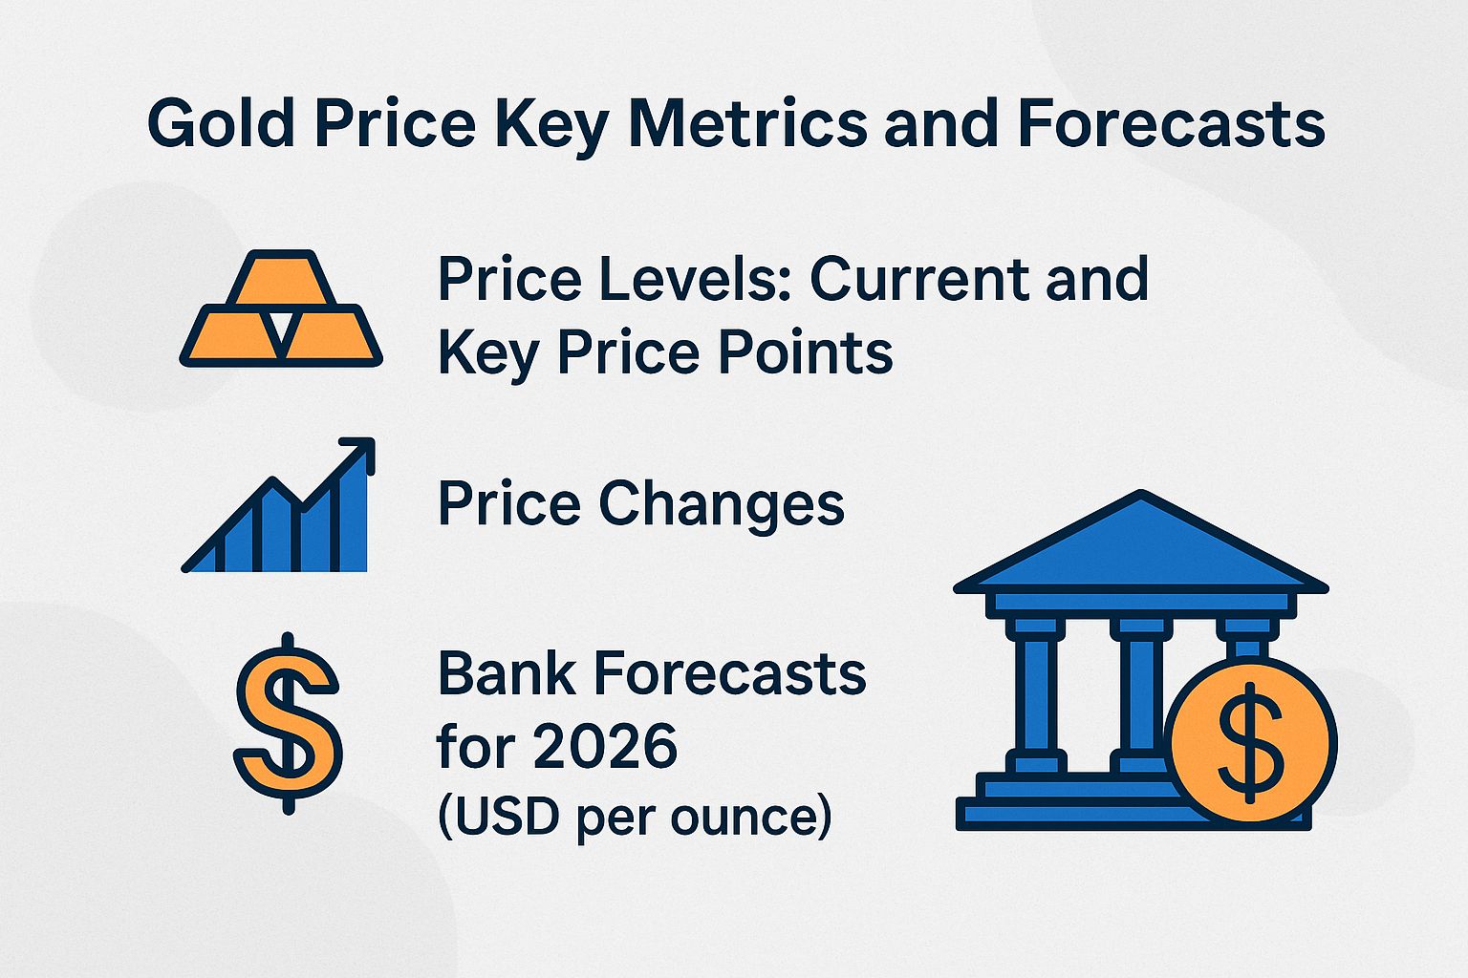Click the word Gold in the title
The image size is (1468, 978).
[221, 124]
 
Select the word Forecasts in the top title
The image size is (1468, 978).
[1171, 124]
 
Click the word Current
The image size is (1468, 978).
[921, 279]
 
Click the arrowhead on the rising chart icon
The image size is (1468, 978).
[360, 453]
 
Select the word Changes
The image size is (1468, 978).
[722, 503]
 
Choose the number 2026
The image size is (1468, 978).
[605, 746]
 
